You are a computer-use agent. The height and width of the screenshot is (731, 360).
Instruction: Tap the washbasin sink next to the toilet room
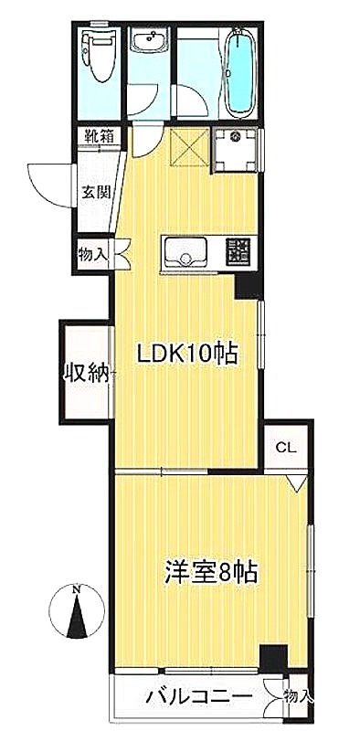point(149,38)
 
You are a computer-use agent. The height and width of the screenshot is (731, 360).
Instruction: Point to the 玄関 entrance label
point(96,191)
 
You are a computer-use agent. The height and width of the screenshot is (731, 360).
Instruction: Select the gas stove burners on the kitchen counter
point(238,251)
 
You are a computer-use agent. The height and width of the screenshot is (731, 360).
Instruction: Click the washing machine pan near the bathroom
point(237,149)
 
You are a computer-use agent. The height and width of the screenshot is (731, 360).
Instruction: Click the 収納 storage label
point(87,373)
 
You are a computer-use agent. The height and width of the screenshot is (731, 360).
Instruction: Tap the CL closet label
point(286,449)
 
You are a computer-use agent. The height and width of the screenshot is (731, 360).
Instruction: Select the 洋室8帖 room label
point(211,574)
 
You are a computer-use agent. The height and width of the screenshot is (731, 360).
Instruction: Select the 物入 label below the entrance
point(93,255)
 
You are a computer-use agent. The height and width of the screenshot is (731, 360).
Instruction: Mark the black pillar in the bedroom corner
point(274,658)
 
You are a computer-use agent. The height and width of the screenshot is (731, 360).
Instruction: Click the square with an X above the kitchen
point(188,147)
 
